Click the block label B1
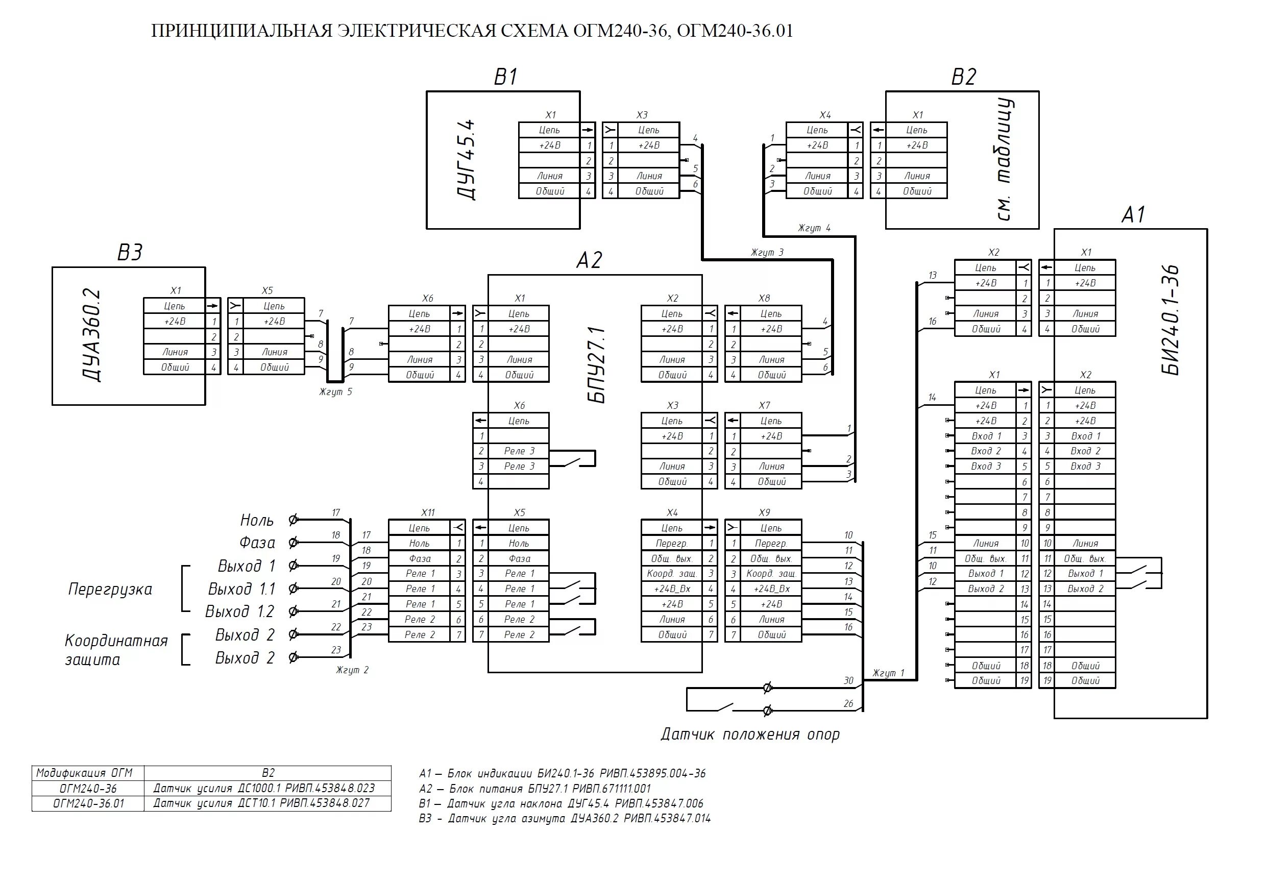pyautogui.click(x=505, y=77)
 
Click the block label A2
pyautogui.click(x=589, y=260)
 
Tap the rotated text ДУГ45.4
pyautogui.click(x=467, y=160)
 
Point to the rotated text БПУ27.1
pyautogui.click(x=598, y=364)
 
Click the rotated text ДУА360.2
pyautogui.click(x=92, y=335)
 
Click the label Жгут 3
pyautogui.click(x=767, y=252)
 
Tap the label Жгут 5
pyautogui.click(x=335, y=391)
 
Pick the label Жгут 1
pyautogui.click(x=888, y=673)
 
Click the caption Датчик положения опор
pyautogui.click(x=750, y=734)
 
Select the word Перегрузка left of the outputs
pyautogui.click(x=110, y=590)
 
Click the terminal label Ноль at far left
pyautogui.click(x=257, y=520)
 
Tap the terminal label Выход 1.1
pyautogui.click(x=241, y=590)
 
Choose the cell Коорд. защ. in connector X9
pyautogui.click(x=771, y=573)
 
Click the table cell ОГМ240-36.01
pyautogui.click(x=88, y=803)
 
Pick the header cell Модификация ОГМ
pyautogui.click(x=88, y=773)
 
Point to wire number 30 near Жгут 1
pyautogui.click(x=848, y=681)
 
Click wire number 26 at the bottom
pyautogui.click(x=848, y=704)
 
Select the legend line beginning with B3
pyautogui.click(x=565, y=819)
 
